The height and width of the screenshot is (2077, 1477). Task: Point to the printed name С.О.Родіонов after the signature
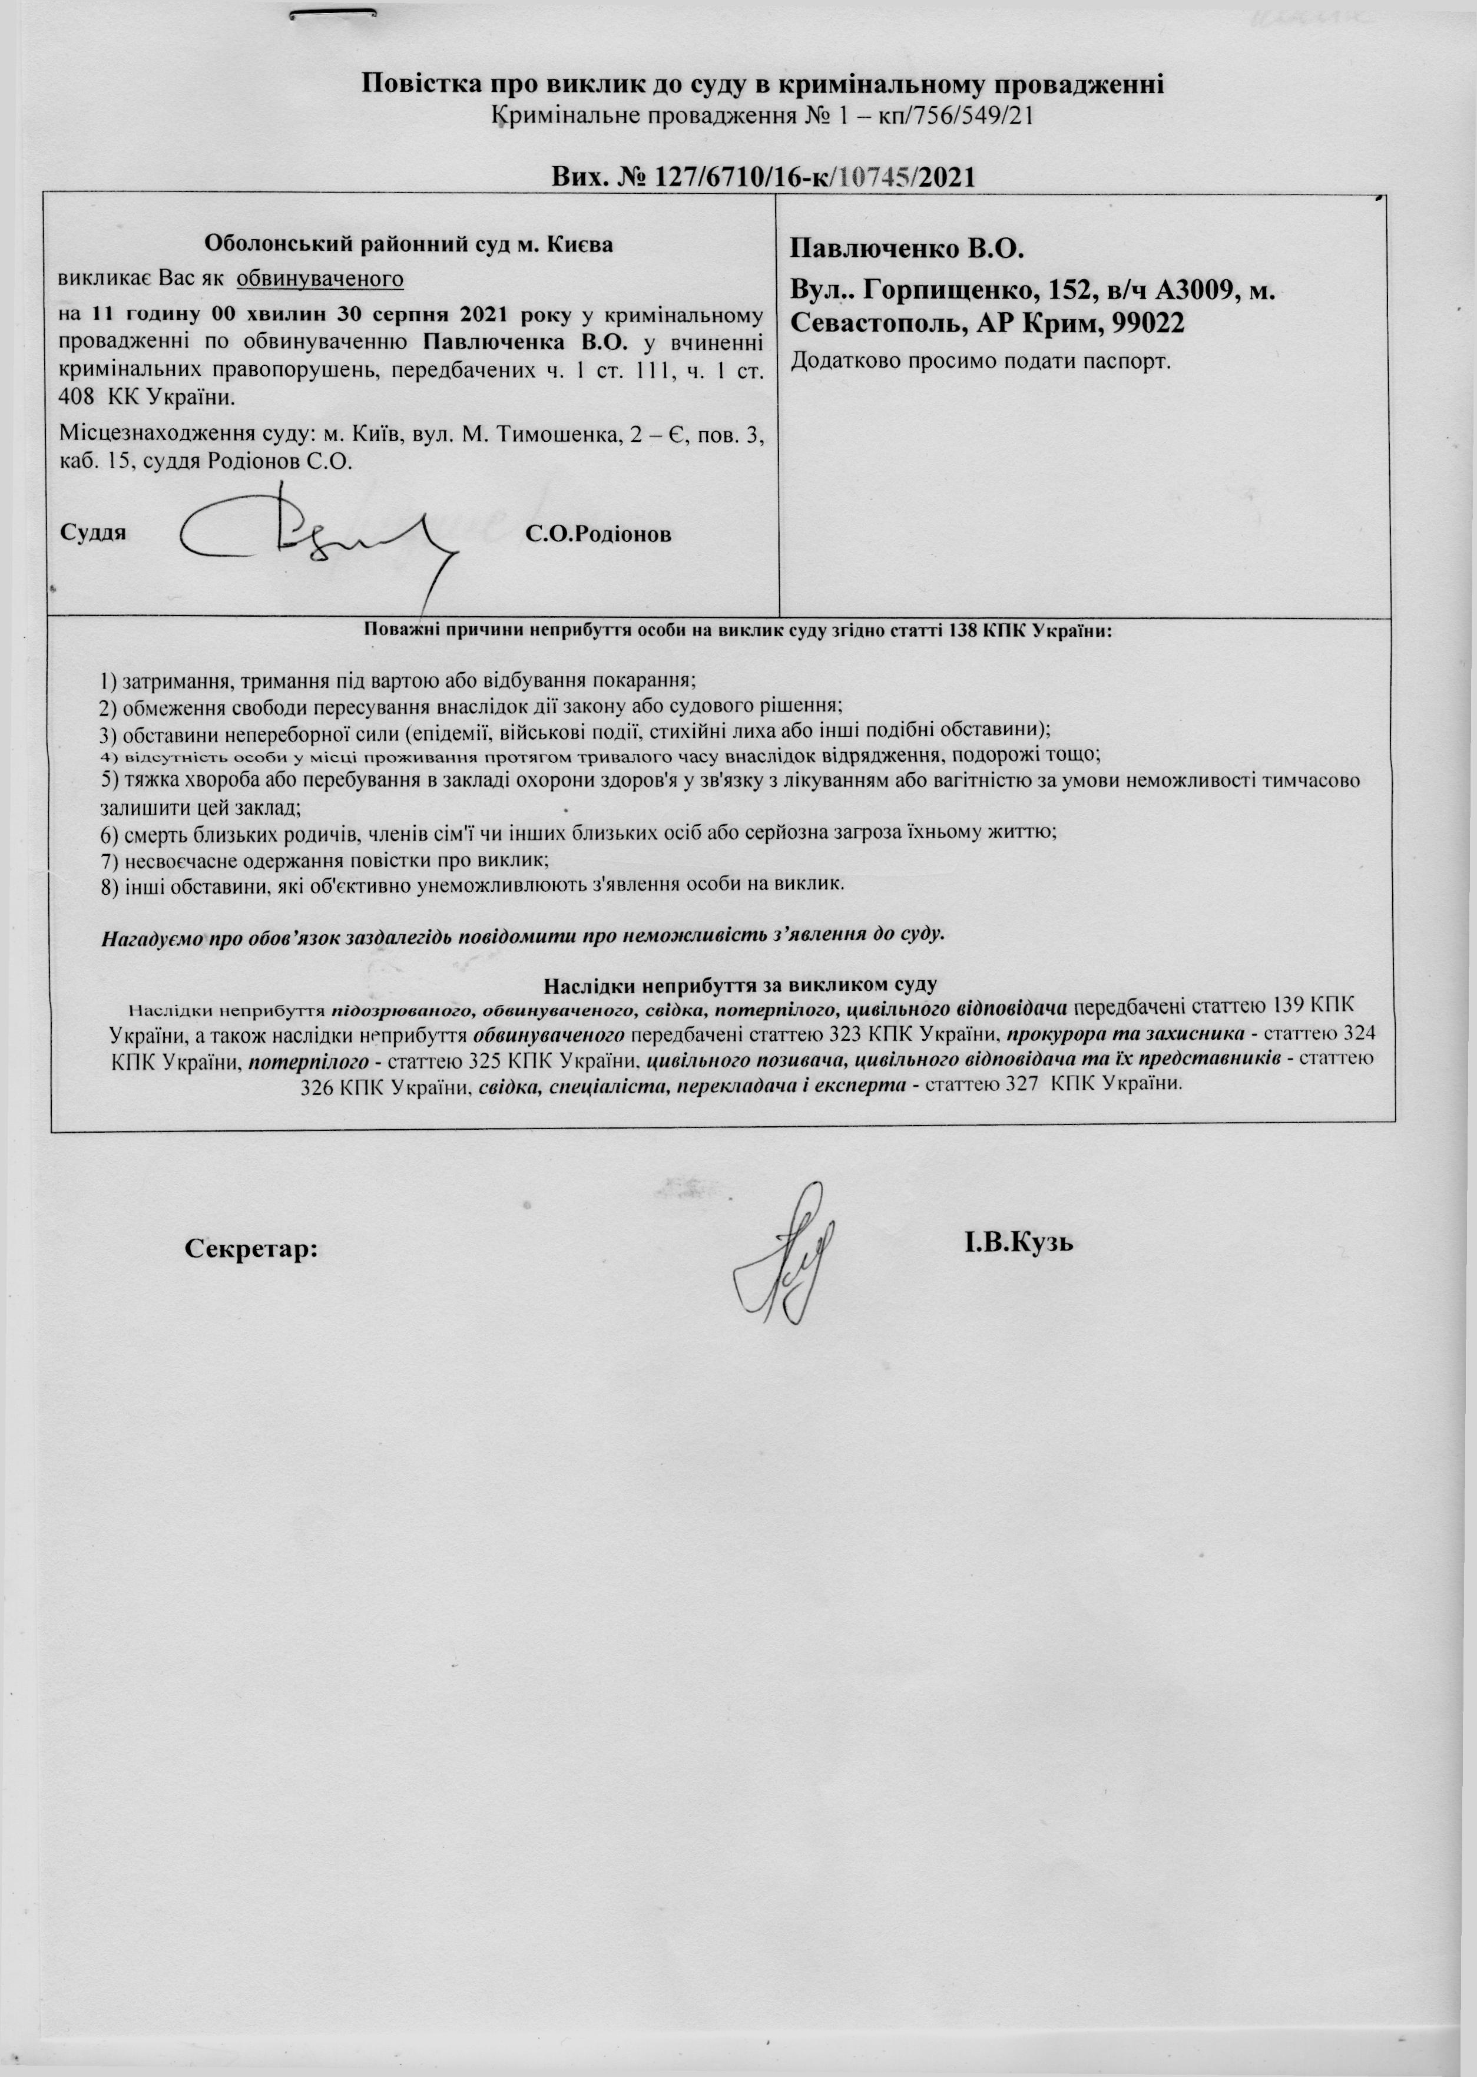598,535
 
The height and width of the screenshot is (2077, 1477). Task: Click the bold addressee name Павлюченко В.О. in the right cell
908,247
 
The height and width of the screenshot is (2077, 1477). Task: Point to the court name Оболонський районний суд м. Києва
408,244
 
